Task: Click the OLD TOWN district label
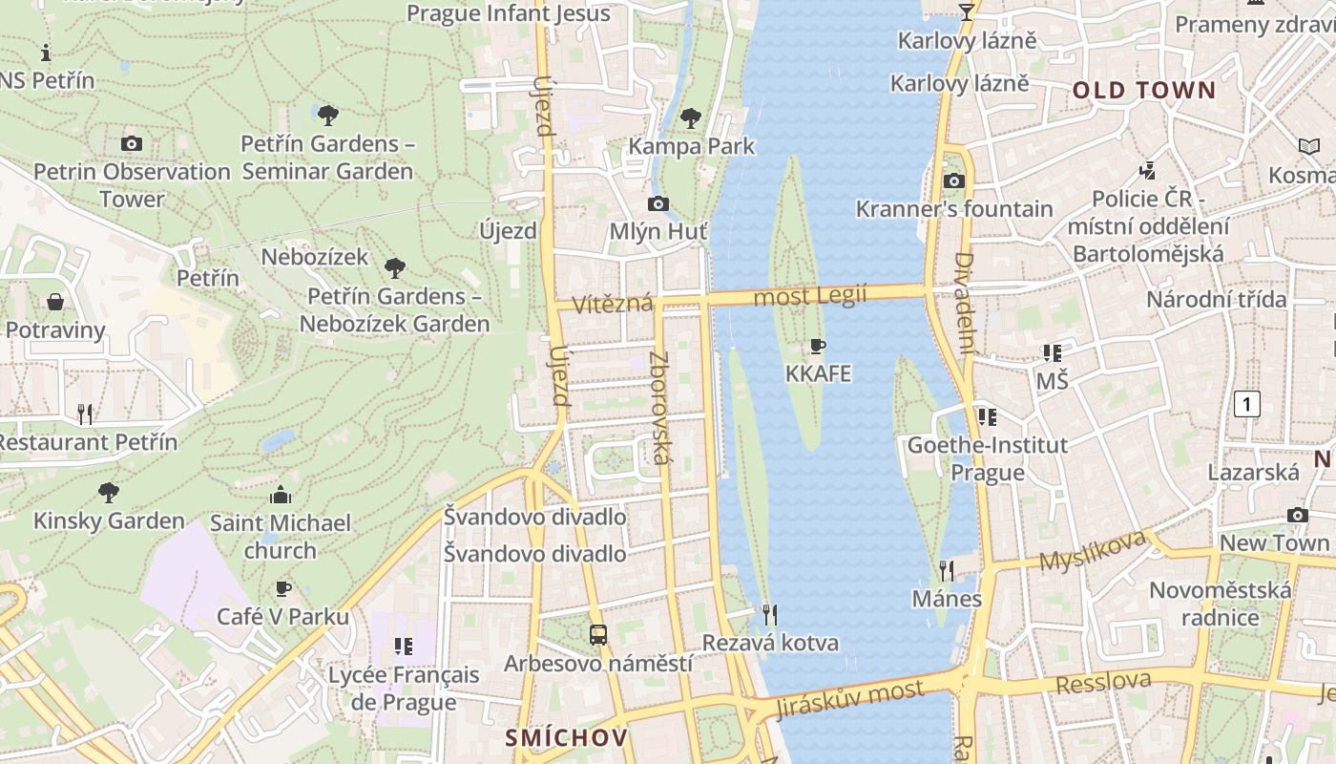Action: click(1144, 91)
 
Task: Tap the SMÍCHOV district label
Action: click(567, 737)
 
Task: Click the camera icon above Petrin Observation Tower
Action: click(132, 144)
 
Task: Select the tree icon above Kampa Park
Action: click(691, 118)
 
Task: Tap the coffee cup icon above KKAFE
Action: click(818, 346)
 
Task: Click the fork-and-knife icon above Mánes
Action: click(947, 571)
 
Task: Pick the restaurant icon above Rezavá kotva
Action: click(770, 614)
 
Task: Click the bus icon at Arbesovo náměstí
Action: click(598, 634)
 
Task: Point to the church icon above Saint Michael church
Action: click(281, 495)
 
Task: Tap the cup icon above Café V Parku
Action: click(282, 588)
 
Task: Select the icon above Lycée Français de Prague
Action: click(404, 647)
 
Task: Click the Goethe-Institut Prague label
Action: click(988, 458)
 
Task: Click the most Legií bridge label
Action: click(810, 296)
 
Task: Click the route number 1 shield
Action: click(1246, 404)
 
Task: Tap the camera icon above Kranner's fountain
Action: click(953, 181)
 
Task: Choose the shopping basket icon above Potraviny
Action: click(55, 302)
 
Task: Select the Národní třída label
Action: click(1216, 299)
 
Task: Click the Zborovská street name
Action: click(659, 408)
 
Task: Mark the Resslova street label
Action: click(1103, 683)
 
